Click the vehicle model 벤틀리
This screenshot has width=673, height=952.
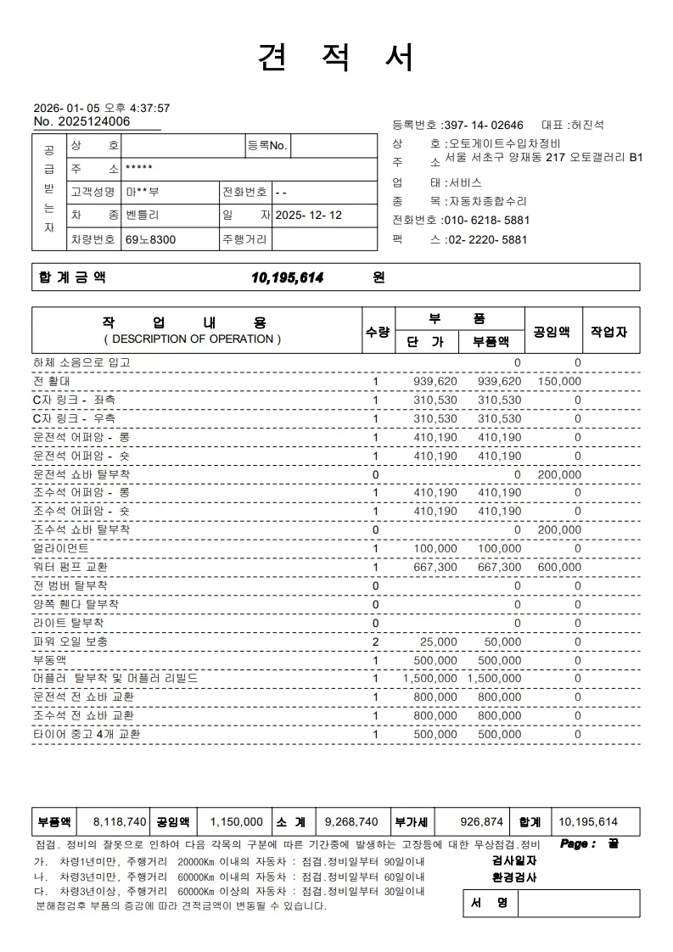pos(142,216)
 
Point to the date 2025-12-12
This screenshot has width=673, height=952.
pos(309,216)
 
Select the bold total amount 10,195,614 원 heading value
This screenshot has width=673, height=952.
pos(288,277)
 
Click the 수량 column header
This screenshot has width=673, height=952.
pos(377,332)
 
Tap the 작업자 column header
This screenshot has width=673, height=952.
pos(609,332)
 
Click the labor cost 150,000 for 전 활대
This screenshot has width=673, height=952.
pos(559,382)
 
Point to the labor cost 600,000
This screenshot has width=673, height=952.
pos(559,567)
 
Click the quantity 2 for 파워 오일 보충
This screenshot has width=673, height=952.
pos(376,641)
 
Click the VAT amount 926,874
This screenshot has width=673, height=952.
pos(481,821)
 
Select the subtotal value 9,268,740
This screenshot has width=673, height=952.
pos(351,821)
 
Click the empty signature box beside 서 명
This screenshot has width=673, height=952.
pos(578,904)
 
